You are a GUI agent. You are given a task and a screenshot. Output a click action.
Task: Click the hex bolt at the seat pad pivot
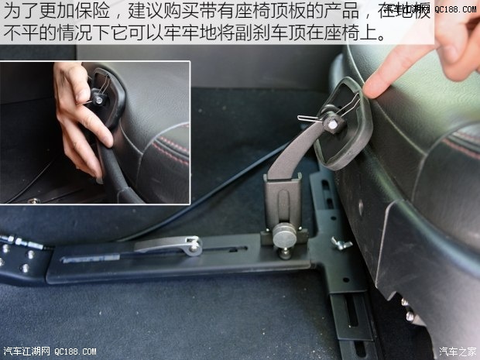(331, 124)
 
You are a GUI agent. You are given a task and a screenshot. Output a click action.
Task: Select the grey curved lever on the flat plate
(167, 248)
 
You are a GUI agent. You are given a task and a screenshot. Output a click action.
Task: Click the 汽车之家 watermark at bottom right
(457, 351)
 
